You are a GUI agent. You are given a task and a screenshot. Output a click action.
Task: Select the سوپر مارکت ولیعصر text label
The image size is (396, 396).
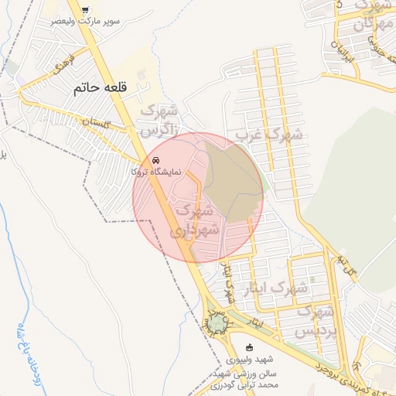point(84,21)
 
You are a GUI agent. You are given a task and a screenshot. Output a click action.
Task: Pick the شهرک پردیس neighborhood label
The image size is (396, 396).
point(316,321)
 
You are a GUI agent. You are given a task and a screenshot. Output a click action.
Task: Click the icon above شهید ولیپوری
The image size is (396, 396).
point(248,347)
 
